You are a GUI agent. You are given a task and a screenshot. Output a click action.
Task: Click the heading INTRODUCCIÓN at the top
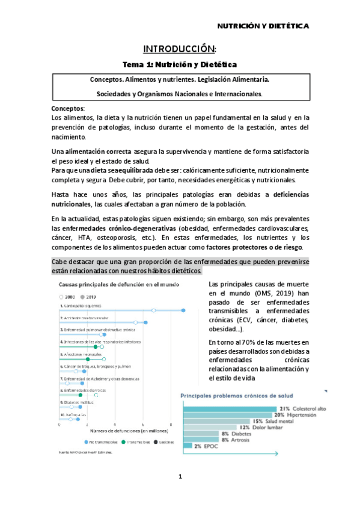179,48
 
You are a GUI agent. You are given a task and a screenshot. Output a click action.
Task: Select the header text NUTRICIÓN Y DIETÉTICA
263,26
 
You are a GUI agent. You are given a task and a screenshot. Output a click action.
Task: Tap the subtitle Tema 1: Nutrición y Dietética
180,64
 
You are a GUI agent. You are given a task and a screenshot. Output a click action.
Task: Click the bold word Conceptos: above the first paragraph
69,108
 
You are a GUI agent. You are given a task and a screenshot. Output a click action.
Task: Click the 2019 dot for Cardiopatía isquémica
183,310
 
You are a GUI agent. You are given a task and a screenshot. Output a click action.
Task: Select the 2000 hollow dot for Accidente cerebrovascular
136,323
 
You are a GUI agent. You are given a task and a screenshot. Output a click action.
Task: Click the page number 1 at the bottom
179,477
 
